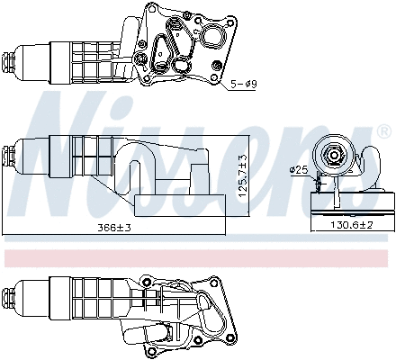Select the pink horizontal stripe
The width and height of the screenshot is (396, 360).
click(x=198, y=258)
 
